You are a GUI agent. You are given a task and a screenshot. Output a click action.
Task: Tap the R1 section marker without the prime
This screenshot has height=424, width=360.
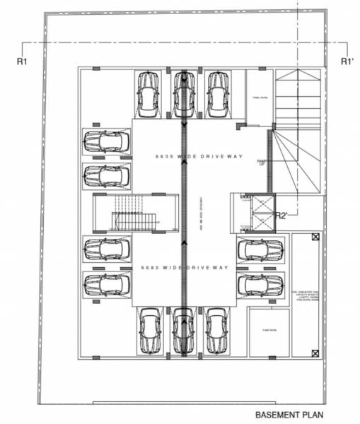(x=21, y=61)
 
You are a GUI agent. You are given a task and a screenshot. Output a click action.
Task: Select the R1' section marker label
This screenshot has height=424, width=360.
(x=347, y=61)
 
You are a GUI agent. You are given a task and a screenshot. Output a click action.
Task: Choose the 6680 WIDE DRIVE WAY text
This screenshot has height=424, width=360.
(x=185, y=268)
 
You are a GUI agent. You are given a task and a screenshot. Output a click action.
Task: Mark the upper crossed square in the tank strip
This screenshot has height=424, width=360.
(x=315, y=238)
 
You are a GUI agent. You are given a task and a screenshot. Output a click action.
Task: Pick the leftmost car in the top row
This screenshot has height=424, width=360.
(x=149, y=95)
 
